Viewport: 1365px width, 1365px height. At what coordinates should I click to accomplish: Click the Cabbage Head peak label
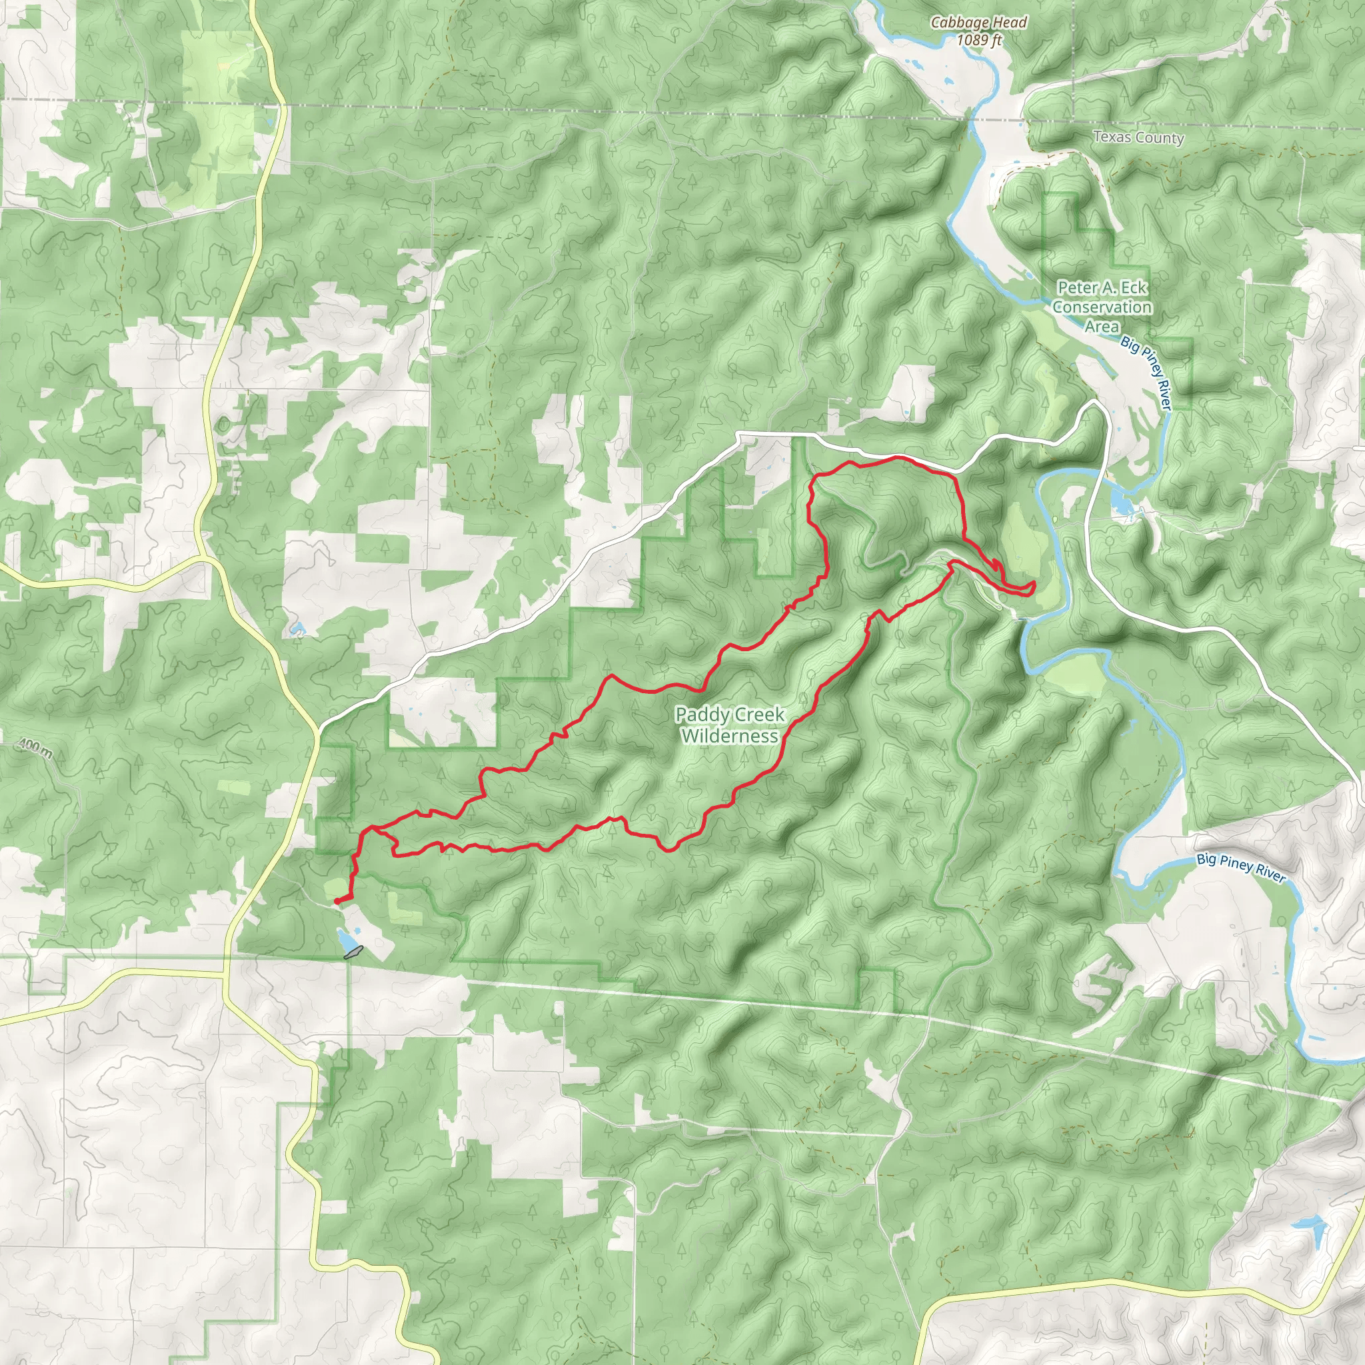pyautogui.click(x=978, y=23)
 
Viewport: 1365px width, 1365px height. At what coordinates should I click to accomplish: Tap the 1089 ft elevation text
pyautogui.click(x=978, y=40)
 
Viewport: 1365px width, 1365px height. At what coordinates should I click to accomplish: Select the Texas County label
pyautogui.click(x=1138, y=138)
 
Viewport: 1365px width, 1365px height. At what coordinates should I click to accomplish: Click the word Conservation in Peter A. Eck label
pyautogui.click(x=1102, y=307)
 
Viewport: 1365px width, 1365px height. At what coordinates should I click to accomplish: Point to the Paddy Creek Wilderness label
pyautogui.click(x=730, y=725)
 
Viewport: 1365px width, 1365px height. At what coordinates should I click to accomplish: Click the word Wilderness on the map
pyautogui.click(x=730, y=736)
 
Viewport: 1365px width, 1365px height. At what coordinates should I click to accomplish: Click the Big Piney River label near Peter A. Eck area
pyautogui.click(x=1146, y=373)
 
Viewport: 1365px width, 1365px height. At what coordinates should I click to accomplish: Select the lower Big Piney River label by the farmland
pyautogui.click(x=1240, y=868)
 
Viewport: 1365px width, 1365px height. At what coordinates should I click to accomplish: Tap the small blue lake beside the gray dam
pyautogui.click(x=345, y=940)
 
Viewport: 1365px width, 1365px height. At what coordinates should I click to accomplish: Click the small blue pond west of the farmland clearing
pyautogui.click(x=297, y=627)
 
